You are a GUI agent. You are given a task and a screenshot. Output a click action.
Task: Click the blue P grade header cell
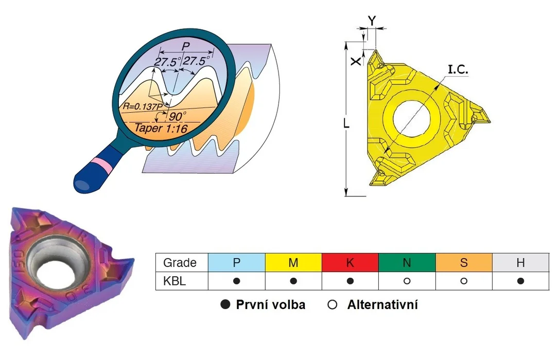[x=236, y=262]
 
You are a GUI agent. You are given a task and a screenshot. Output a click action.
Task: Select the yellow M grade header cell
[x=293, y=262]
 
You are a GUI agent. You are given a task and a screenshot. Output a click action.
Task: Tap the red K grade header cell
[x=350, y=262]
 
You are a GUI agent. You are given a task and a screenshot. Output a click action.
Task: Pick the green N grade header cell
[x=407, y=262]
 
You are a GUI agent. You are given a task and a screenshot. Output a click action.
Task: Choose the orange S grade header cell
[x=464, y=262]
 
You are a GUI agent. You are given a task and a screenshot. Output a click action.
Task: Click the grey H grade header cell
[x=520, y=262]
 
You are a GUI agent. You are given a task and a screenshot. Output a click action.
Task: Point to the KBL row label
[x=174, y=281]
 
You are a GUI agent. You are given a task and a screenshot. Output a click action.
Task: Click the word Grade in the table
[x=180, y=263]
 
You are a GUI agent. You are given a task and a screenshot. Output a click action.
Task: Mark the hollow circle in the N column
[x=407, y=281]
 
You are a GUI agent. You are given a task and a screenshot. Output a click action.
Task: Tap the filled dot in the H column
[x=520, y=281]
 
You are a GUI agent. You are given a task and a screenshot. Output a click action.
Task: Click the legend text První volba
[x=271, y=305]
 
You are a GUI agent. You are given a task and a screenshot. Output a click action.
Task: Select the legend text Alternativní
[x=382, y=305]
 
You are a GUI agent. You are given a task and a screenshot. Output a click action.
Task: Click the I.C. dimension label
[x=458, y=69]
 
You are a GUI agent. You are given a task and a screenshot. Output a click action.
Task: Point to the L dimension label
[x=346, y=123]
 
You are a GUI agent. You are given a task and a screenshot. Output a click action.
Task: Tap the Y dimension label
[x=372, y=21]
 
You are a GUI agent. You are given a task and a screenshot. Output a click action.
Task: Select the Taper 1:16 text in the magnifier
[x=161, y=128]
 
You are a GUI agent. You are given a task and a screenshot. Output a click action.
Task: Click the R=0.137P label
[x=143, y=106]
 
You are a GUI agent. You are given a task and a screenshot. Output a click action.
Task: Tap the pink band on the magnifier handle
[x=102, y=163]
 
